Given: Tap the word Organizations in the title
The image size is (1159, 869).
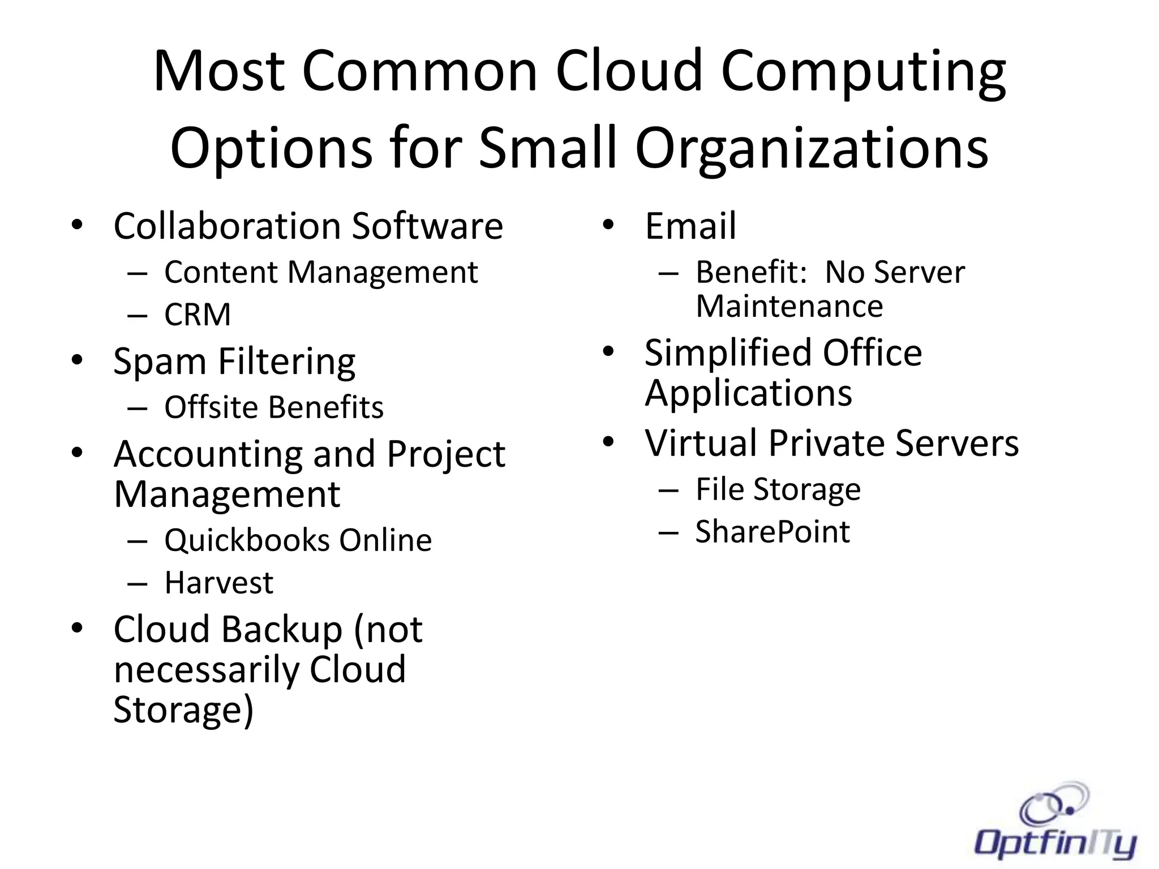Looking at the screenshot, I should (812, 148).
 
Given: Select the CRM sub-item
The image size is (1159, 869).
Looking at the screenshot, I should (198, 315).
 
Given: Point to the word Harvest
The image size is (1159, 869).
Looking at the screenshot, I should (218, 583).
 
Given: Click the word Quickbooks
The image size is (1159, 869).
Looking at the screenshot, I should (247, 540).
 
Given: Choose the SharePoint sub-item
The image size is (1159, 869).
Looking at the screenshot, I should (772, 532).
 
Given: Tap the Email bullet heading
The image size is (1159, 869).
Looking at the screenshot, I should (690, 226).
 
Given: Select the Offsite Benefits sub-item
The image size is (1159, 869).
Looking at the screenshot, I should (274, 407).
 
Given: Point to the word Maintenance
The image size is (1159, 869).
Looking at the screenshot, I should (789, 307).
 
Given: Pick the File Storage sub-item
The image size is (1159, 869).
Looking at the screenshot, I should (778, 489).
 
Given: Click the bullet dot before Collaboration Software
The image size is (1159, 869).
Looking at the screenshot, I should (77, 225).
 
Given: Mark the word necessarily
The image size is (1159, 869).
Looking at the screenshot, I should (207, 670).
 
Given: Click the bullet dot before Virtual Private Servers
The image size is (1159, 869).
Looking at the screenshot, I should (608, 442).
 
